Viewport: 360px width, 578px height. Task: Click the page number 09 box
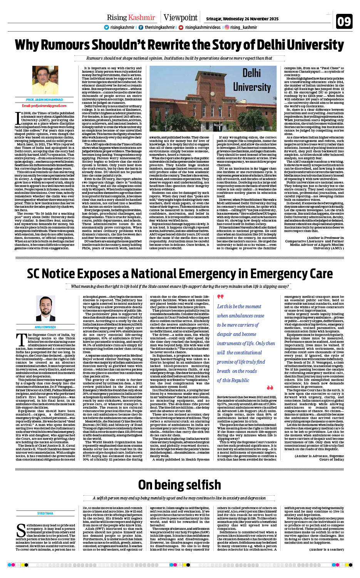pyautogui.click(x=344, y=21)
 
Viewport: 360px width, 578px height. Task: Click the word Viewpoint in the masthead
pyautogui.click(x=180, y=17)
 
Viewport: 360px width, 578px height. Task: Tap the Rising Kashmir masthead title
pyautogui.click(x=131, y=17)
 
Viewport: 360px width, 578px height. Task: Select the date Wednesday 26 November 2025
pyautogui.click(x=242, y=18)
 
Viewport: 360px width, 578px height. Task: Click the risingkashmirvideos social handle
pyautogui.click(x=203, y=27)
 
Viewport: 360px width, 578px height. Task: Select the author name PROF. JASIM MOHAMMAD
pyautogui.click(x=45, y=100)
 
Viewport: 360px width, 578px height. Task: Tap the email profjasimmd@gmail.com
pyautogui.click(x=44, y=105)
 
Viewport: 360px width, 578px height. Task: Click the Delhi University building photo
pyautogui.click(x=213, y=99)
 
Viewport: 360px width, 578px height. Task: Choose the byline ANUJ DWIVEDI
pyautogui.click(x=45, y=327)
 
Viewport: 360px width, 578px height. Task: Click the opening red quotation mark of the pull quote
pyautogui.click(x=220, y=297)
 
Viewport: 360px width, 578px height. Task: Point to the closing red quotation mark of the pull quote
pyautogui.click(x=270, y=388)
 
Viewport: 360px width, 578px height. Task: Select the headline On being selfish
pyautogui.click(x=179, y=485)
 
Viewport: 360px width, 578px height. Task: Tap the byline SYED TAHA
pyautogui.click(x=45, y=513)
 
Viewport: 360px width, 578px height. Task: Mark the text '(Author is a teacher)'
pyautogui.click(x=327, y=550)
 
